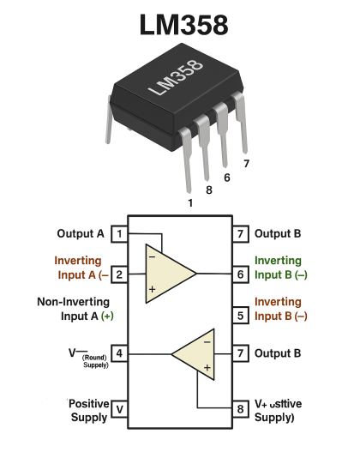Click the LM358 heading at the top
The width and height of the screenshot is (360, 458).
[x=183, y=25]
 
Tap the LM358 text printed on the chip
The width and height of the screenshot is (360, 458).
[x=175, y=79]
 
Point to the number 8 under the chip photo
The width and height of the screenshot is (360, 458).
[x=208, y=190]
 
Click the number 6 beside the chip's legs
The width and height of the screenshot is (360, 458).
[x=226, y=178]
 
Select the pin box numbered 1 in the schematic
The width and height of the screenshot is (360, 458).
[x=120, y=234]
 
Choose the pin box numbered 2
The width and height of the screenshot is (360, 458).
[x=120, y=275]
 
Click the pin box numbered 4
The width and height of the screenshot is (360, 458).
[x=120, y=353]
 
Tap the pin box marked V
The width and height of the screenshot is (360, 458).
[x=120, y=409]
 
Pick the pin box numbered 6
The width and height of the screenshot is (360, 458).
[x=241, y=275]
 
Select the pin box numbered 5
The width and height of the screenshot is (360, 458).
[x=241, y=316]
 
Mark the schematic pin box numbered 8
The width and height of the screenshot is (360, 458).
[x=241, y=409]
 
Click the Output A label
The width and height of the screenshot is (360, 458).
[x=81, y=233]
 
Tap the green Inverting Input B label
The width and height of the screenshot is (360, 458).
[x=279, y=268]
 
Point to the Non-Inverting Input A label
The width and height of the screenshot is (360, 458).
[x=75, y=309]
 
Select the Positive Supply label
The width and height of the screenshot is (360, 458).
[x=88, y=410]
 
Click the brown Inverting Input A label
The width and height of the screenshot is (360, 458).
[x=80, y=268]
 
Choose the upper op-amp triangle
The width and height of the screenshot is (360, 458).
[x=168, y=274]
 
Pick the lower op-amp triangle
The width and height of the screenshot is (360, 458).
[x=195, y=353]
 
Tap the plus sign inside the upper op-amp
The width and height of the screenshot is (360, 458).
[x=152, y=290]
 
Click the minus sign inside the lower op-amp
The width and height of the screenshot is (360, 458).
[x=207, y=340]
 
